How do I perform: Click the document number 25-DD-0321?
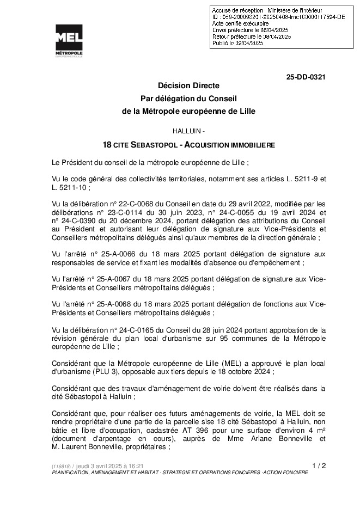tap(306, 77)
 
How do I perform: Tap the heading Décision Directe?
tap(188, 86)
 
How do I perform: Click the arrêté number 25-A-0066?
tap(118, 254)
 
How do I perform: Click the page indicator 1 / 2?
tap(319, 465)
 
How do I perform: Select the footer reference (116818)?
tap(60, 467)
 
